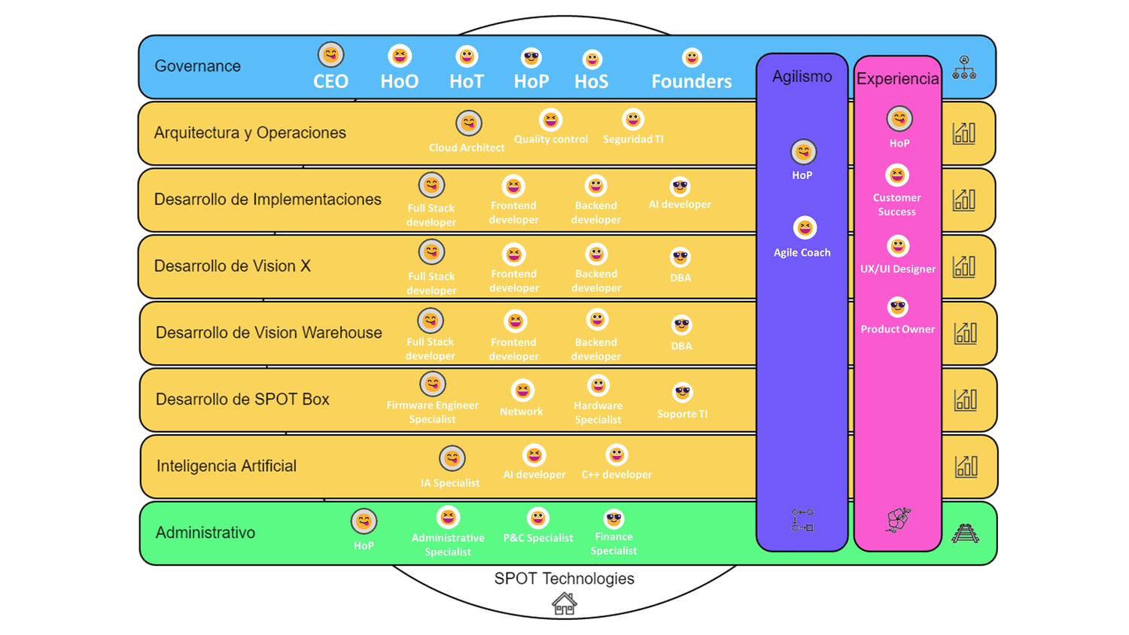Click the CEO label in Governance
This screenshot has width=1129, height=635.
tap(330, 81)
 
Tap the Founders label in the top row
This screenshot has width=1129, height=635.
tap(691, 81)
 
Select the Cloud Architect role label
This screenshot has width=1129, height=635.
tap(467, 147)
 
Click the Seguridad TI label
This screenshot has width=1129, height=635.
tap(633, 139)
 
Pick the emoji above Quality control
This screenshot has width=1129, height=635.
tap(551, 120)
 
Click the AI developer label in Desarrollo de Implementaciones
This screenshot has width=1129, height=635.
tap(680, 204)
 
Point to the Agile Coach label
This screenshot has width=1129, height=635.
tap(802, 253)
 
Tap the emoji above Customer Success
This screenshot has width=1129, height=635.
tap(896, 175)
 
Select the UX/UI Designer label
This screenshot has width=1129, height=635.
tap(898, 269)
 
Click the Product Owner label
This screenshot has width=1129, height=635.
tap(897, 329)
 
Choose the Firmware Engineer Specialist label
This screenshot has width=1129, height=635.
tap(432, 412)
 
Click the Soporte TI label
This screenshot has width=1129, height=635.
tap(682, 414)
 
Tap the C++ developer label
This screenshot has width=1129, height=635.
tap(616, 475)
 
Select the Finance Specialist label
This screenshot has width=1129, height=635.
tap(613, 543)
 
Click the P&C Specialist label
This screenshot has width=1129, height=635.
tap(537, 538)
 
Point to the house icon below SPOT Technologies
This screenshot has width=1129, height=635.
tap(564, 603)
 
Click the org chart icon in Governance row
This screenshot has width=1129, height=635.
tap(964, 68)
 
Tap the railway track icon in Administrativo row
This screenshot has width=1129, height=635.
tap(965, 533)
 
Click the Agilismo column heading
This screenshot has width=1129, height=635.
tap(802, 77)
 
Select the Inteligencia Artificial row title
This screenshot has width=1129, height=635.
tap(226, 466)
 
